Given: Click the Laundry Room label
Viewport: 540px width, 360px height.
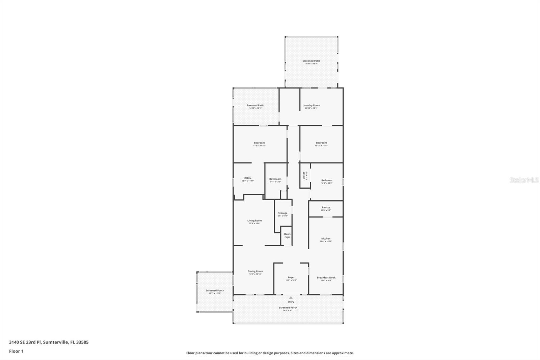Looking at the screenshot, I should pos(311,105).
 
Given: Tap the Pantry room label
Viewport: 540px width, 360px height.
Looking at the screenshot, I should pos(326,207).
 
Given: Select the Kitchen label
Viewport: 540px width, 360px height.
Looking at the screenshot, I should pos(326,238).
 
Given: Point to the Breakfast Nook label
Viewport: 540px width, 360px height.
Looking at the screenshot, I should pos(326,278).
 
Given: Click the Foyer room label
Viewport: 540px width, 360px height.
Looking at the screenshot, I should pos(291,278).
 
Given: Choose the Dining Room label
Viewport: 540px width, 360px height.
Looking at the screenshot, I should pos(255,271).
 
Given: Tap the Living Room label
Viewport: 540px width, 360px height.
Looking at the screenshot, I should pos(254,221).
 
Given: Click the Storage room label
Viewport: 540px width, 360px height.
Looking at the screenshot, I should pos(283,213).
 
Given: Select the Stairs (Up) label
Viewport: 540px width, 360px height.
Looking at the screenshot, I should pos(287,235).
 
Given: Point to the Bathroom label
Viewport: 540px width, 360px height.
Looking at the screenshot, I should pos(275,179).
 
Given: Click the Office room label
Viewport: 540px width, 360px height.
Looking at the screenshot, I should pos(248,178).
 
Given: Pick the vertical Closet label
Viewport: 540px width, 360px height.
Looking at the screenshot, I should pos(304,175).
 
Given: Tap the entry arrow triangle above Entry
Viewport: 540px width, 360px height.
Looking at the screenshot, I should pos(291,298).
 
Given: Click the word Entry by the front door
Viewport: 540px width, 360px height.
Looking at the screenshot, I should pos(291,302).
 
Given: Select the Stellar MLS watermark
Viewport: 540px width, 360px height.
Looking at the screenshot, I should pos(524,180).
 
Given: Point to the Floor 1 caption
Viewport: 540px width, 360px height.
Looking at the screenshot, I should pos(16,351).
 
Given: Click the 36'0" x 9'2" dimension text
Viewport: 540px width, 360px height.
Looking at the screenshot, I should pos(288,310).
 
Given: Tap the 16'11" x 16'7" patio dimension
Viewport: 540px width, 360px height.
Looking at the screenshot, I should pos(311,63).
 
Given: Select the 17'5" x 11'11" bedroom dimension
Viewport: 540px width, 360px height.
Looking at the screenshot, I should pos(259,146).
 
